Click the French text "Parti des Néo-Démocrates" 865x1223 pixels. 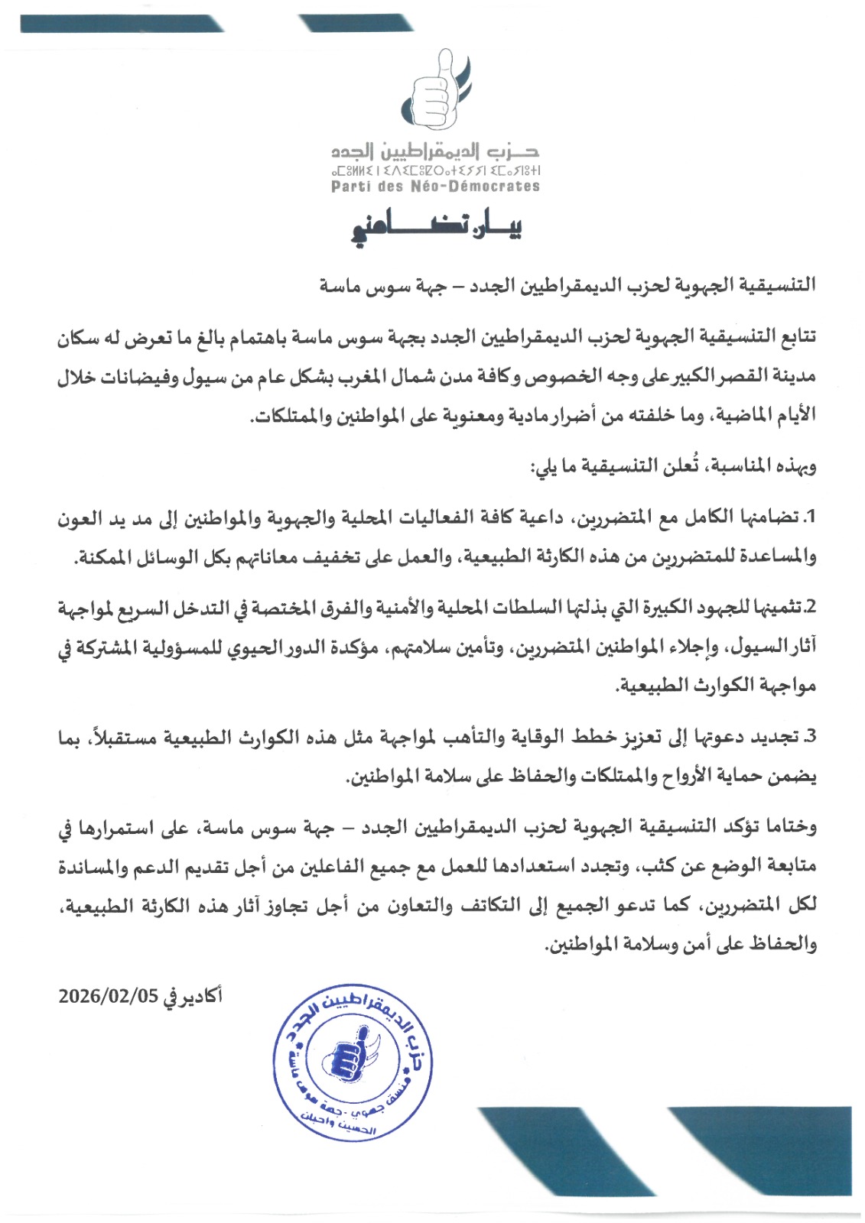click(435, 187)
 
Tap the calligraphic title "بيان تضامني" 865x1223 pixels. click(435, 228)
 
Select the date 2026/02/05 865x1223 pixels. click(108, 996)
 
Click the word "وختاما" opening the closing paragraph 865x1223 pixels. click(796, 826)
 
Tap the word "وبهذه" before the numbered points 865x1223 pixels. click(798, 466)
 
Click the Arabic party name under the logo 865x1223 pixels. click(435, 151)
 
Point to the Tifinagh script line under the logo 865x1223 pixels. click(435, 170)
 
